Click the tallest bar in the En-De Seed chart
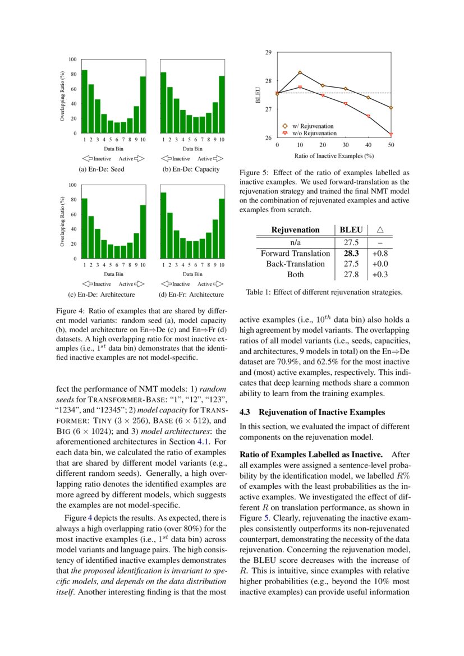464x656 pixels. [x=84, y=102]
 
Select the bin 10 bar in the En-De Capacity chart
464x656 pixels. [x=222, y=104]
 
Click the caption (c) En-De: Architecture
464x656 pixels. [x=108, y=295]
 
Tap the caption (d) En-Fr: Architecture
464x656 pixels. [x=191, y=295]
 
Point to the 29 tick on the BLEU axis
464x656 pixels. [x=268, y=52]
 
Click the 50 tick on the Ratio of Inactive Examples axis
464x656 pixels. [x=391, y=145]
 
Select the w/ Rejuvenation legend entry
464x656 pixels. [x=312, y=126]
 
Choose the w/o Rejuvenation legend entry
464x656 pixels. [x=313, y=133]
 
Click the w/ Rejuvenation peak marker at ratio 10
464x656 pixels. [x=300, y=72]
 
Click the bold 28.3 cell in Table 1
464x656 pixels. [x=351, y=254]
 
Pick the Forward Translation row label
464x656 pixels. [x=295, y=254]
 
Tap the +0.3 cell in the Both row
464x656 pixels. [x=380, y=274]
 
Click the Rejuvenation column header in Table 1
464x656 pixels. [x=295, y=230]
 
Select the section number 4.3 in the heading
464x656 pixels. [x=246, y=412]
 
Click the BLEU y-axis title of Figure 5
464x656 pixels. [x=259, y=95]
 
